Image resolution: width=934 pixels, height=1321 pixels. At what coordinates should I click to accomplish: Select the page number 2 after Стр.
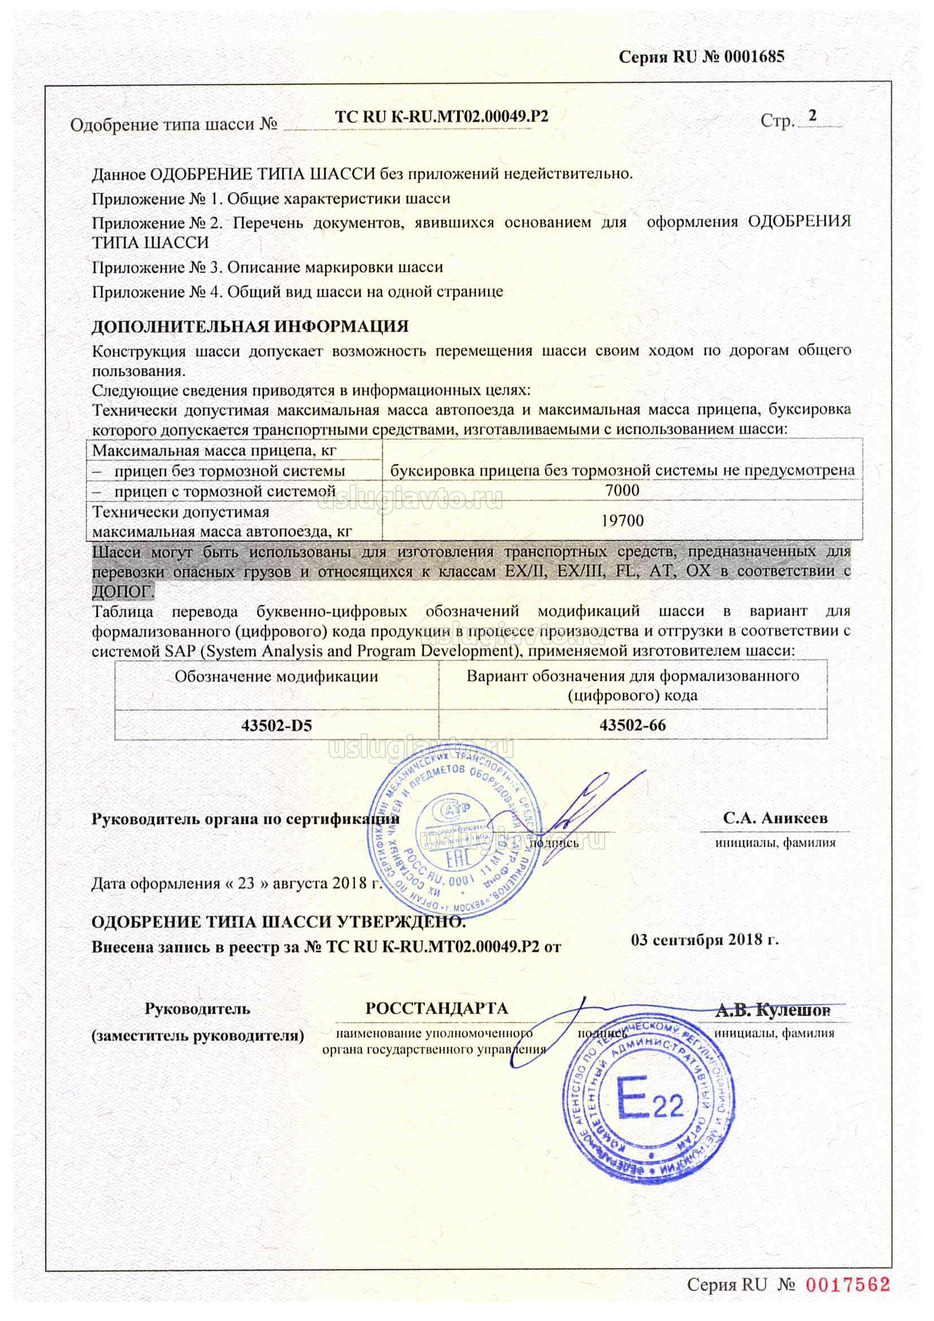[813, 116]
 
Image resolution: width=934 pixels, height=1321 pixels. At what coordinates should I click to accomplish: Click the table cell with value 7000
[622, 490]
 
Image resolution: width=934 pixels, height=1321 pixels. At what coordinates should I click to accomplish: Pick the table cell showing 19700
[622, 521]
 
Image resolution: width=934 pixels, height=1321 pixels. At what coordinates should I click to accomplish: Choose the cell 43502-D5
[276, 725]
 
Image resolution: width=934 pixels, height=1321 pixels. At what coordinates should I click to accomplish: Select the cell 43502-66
[632, 725]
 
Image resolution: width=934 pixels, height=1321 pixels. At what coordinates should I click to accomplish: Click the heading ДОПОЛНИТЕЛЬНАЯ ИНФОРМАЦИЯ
[250, 326]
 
